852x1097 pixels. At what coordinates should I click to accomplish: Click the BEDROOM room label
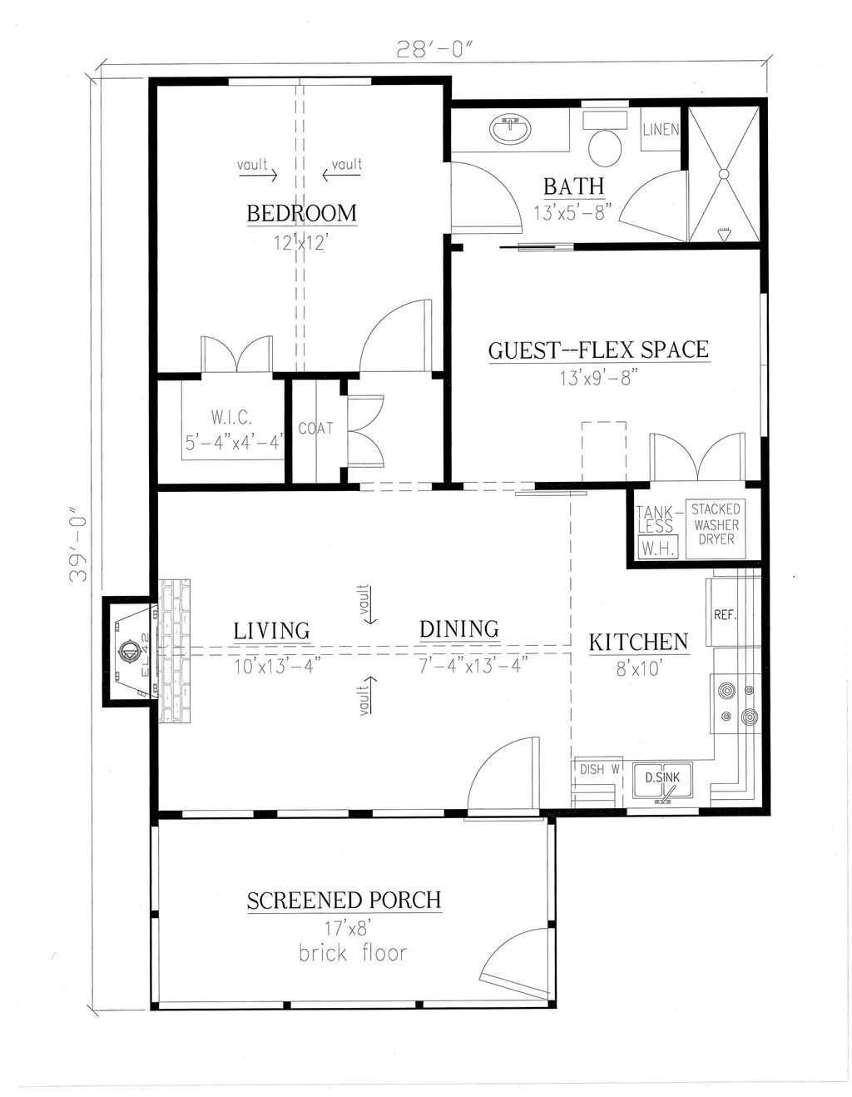(302, 213)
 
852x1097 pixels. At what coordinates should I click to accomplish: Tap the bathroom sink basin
(510, 130)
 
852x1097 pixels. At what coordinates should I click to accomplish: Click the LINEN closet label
(661, 130)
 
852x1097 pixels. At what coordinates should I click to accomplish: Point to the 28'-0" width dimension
(435, 50)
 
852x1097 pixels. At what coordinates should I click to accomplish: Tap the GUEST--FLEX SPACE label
(599, 350)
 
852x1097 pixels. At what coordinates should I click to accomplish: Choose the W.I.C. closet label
(231, 418)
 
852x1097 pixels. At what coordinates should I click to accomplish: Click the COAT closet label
(316, 429)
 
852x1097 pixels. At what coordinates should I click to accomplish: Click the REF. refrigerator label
(725, 615)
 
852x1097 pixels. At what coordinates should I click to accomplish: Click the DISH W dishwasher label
(599, 769)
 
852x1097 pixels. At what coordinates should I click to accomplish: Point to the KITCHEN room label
(639, 643)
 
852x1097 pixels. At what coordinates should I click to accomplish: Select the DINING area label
(459, 629)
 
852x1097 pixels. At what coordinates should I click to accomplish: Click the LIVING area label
(271, 631)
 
